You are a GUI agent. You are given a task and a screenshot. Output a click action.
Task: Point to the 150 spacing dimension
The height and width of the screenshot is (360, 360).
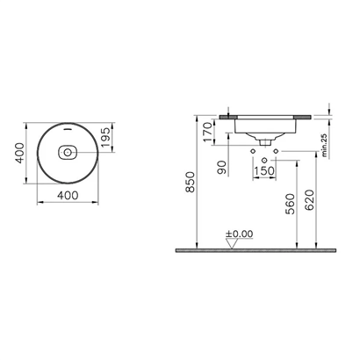point(263,169)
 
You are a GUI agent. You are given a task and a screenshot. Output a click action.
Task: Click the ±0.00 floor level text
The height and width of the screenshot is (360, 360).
point(238,234)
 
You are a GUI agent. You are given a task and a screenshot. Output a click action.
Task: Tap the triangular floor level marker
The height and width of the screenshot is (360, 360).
point(231,243)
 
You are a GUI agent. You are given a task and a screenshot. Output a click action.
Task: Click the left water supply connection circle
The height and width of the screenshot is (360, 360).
point(253,151)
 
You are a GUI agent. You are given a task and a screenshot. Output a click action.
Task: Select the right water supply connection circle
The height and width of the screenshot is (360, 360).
point(274,151)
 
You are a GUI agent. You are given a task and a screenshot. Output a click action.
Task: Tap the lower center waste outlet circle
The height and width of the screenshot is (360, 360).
point(263,159)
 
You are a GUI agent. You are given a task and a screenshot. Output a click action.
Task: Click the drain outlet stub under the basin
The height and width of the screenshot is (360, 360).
point(263,141)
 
